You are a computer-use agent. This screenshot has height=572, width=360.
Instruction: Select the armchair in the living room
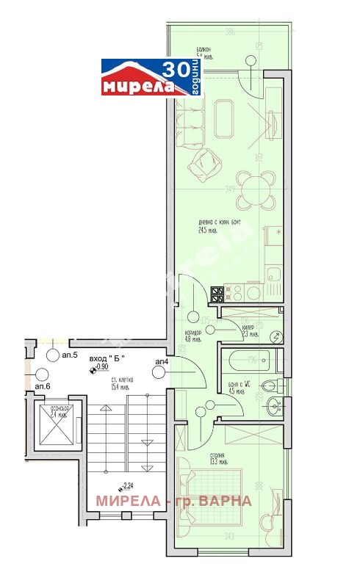tap(205, 165)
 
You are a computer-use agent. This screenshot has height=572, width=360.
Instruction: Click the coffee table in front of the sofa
tap(223, 119)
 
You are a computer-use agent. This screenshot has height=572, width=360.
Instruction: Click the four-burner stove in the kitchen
tap(218, 294)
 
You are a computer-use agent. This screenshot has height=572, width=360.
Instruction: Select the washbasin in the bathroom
tap(273, 403)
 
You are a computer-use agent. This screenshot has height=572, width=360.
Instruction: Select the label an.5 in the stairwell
tap(71, 355)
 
